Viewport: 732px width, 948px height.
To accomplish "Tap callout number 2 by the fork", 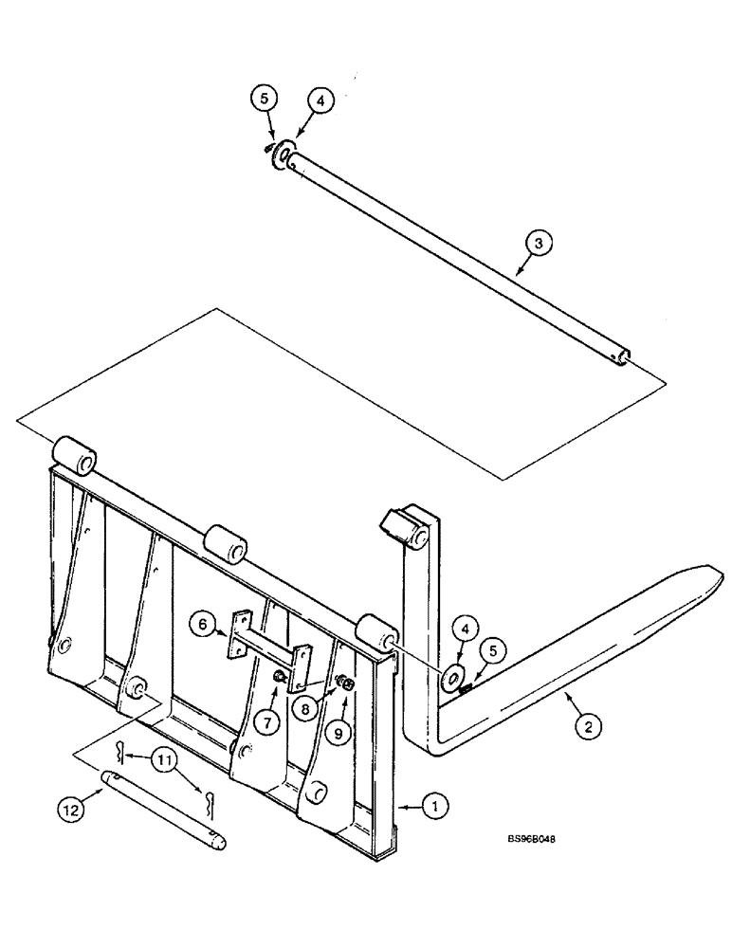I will click(x=587, y=727).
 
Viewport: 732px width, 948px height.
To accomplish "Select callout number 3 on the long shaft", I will click(x=538, y=244).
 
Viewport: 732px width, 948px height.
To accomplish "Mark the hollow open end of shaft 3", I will click(x=624, y=356).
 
